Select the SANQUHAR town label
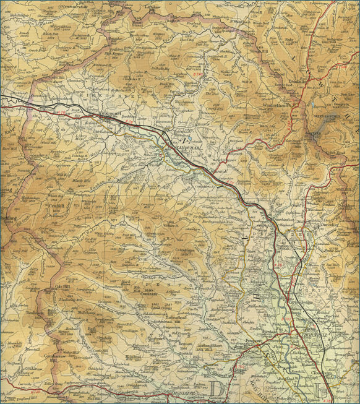pyautogui.click(x=177, y=148)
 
